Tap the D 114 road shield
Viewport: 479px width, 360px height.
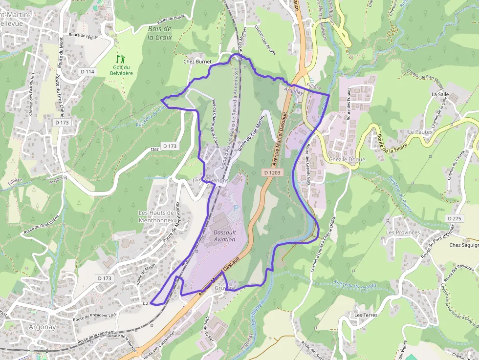(87, 72)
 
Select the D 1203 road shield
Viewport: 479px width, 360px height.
(272, 172)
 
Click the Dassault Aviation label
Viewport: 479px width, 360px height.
(224, 236)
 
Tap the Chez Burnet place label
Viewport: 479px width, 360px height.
(197, 62)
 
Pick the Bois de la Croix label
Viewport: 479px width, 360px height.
(160, 33)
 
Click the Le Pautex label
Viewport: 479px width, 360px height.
(419, 132)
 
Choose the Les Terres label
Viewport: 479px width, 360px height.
(366, 315)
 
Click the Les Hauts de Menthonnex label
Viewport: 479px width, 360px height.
(156, 216)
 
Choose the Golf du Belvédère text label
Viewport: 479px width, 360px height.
(121, 70)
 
